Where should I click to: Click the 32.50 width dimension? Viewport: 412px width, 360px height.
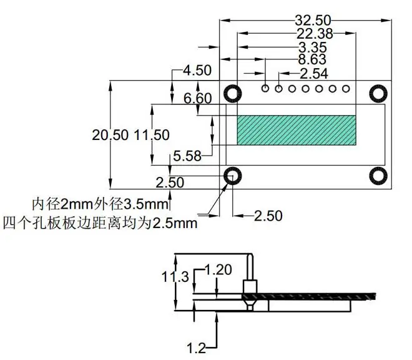(313, 20)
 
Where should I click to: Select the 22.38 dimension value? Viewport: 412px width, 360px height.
(315, 34)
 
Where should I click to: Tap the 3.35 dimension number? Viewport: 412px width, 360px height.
(313, 47)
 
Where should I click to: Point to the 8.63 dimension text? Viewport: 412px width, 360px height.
(312, 59)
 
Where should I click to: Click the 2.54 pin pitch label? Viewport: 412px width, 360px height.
(314, 74)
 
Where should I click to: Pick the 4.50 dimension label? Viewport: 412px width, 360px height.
(197, 71)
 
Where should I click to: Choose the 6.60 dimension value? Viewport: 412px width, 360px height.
(198, 98)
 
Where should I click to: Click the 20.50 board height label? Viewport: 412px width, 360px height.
(110, 135)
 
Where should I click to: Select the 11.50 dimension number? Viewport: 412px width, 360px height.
(152, 135)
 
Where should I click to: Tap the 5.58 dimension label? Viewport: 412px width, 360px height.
(187, 156)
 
